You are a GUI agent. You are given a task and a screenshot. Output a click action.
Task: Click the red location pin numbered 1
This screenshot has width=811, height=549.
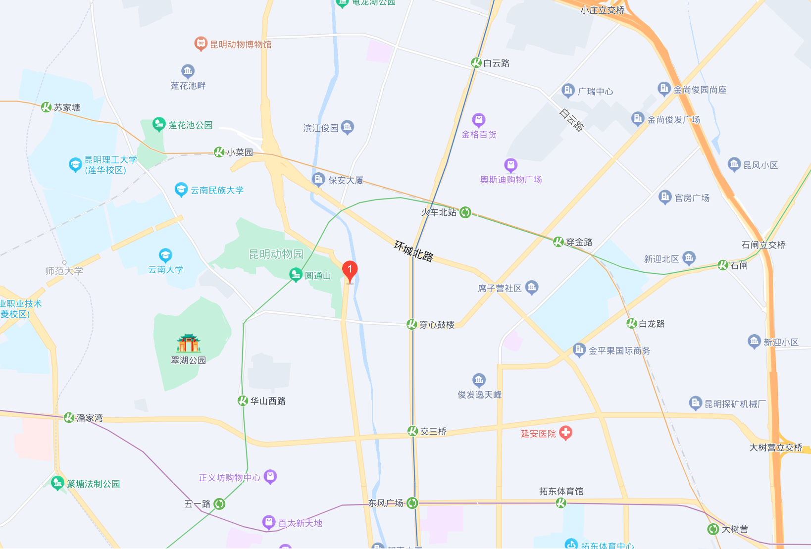point(350,270)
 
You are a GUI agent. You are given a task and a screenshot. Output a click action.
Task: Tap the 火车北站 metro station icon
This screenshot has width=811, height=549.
point(465,212)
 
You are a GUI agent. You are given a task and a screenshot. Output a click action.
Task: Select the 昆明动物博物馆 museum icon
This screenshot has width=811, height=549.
point(201,44)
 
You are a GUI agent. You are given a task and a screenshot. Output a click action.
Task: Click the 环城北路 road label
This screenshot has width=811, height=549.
point(414,251)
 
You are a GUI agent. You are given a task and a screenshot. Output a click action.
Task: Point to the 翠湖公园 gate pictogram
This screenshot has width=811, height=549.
point(189,343)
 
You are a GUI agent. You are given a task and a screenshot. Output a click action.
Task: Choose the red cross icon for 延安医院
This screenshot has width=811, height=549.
point(565,433)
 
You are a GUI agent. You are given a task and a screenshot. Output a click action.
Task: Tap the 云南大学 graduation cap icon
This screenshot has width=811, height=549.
point(165,255)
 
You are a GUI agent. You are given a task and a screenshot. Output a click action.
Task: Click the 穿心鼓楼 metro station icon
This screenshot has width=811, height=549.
point(411,324)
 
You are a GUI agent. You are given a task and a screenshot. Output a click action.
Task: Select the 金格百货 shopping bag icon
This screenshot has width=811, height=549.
point(478,120)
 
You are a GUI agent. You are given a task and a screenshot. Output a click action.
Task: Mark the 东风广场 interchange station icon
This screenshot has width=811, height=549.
point(412,503)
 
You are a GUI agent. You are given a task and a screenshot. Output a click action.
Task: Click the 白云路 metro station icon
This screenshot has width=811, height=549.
point(476,63)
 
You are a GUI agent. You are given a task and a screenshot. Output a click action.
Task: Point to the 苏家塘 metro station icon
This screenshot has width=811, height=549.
point(47,107)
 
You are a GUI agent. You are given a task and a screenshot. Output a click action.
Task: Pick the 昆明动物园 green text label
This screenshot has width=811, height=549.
point(276,254)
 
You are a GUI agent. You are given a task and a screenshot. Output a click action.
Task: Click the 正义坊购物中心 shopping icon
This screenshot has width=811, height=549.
point(270,477)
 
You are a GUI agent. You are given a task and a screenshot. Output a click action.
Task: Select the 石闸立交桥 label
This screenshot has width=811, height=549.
point(763,245)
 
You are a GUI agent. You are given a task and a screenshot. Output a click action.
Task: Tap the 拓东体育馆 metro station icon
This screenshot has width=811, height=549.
point(561,503)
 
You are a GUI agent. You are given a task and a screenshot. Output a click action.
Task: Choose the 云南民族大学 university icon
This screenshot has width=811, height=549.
point(181,190)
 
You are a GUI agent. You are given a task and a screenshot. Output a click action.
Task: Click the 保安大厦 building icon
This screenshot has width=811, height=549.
point(318,180)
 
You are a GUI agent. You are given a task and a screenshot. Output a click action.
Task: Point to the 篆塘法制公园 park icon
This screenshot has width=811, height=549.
point(57,483)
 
